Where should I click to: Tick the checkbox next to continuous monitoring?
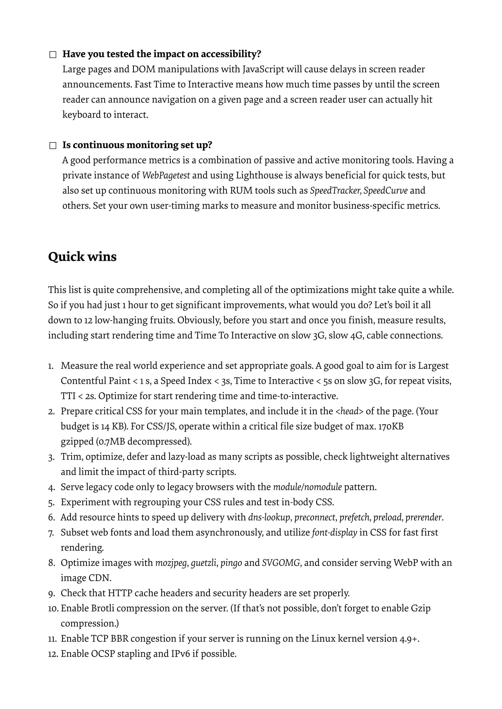click(x=53, y=146)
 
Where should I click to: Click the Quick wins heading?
click(x=82, y=257)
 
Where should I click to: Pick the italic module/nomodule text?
click(x=307, y=487)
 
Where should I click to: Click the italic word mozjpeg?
click(x=171, y=563)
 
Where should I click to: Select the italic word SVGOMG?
click(x=281, y=563)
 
